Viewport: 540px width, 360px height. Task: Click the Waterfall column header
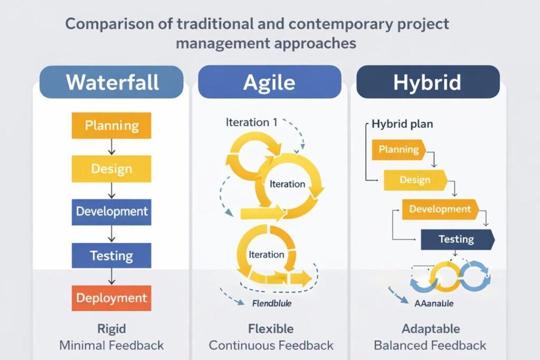click(x=111, y=82)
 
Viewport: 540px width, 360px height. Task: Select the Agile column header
click(x=269, y=82)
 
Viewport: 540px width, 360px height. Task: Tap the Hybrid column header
click(x=428, y=82)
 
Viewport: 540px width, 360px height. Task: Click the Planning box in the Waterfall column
click(x=111, y=126)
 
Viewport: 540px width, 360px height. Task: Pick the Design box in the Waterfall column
click(x=111, y=169)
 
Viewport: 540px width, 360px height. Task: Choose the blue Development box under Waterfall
click(x=111, y=212)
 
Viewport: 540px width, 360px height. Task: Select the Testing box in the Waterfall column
click(x=111, y=255)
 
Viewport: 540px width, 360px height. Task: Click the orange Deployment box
click(x=111, y=298)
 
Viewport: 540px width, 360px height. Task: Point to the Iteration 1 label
click(x=252, y=122)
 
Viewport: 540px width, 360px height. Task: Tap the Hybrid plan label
click(x=402, y=124)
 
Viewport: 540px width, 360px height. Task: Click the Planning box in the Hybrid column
click(x=399, y=150)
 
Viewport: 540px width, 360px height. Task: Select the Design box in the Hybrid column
click(x=415, y=180)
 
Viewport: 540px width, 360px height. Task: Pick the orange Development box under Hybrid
click(x=440, y=209)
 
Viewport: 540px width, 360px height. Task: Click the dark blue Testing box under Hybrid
click(x=457, y=239)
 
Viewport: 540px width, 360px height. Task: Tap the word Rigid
click(x=111, y=329)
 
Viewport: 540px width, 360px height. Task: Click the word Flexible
click(x=271, y=329)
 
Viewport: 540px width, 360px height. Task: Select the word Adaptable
click(x=430, y=329)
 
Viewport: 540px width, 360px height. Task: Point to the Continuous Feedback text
click(x=271, y=346)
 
